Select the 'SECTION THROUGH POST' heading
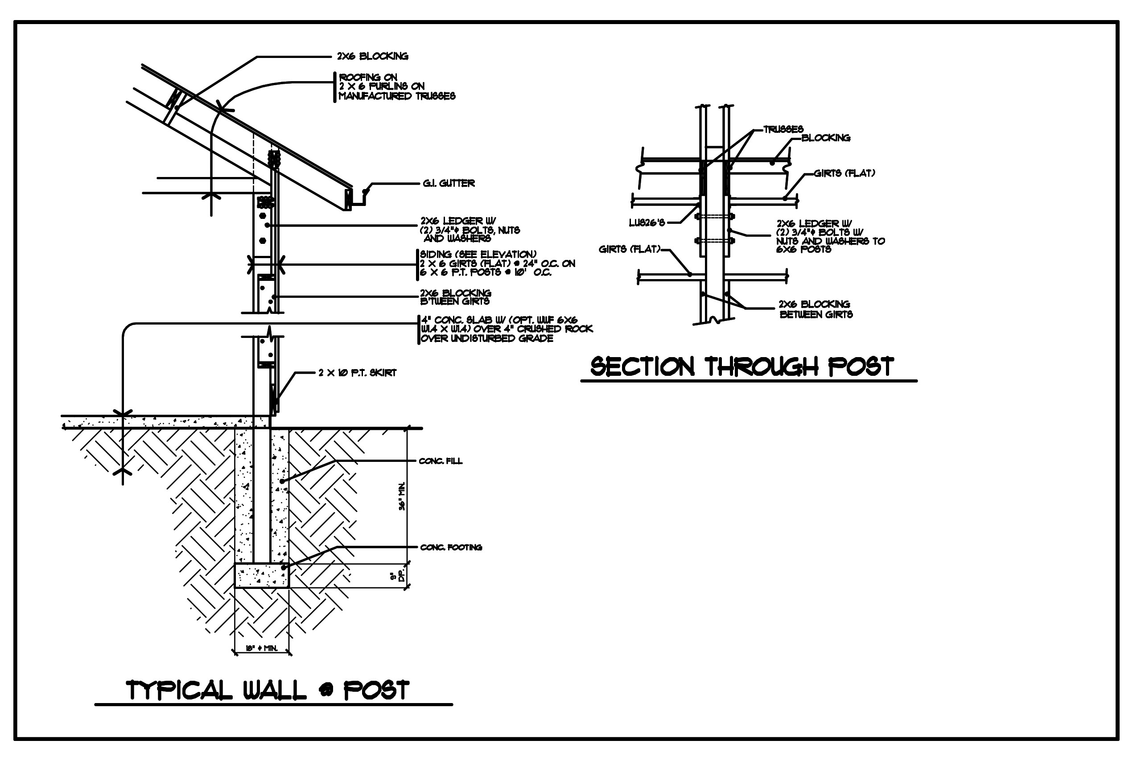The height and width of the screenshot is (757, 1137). coord(742,367)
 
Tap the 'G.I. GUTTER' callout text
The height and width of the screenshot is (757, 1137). coord(449,184)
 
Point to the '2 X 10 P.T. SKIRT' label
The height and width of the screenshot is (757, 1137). coord(357,373)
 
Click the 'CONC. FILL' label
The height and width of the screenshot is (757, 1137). coord(441,461)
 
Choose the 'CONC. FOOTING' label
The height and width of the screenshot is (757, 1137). coord(451,547)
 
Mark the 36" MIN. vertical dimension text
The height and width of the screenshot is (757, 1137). coord(402,496)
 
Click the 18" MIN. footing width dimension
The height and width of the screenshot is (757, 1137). coord(262,648)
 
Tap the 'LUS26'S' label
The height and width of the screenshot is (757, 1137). coord(647,222)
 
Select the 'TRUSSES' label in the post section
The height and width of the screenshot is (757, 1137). coord(783,129)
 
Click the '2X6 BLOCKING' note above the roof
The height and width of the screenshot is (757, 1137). coord(372,57)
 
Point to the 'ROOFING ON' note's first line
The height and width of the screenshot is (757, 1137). coord(368,77)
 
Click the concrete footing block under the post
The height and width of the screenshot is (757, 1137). coord(261,576)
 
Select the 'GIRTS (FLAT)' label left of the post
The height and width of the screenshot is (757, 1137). coord(629,249)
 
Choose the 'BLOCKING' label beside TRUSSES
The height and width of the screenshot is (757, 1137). coord(826,138)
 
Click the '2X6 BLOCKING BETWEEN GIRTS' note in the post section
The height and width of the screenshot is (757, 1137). coord(815,309)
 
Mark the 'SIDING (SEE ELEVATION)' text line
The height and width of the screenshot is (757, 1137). coord(478,255)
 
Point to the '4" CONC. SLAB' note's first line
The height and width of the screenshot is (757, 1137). coord(499,320)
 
